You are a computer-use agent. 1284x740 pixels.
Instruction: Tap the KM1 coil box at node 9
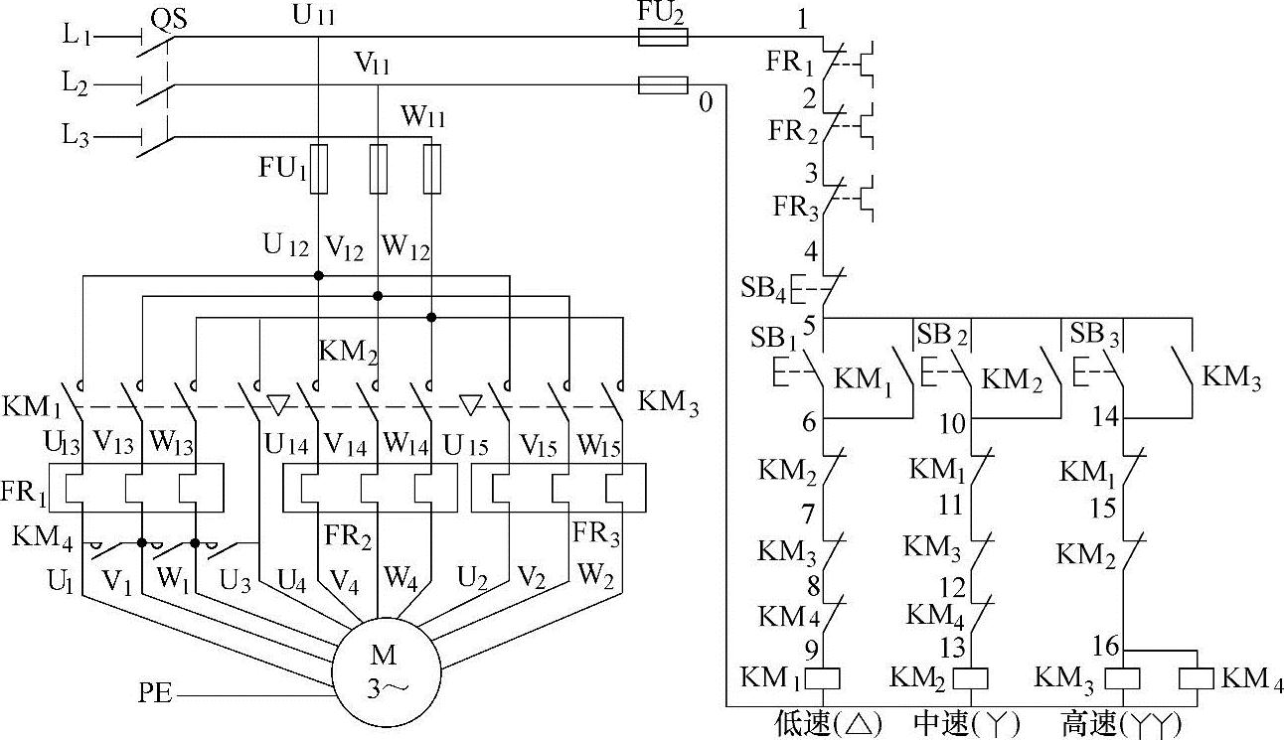(824, 678)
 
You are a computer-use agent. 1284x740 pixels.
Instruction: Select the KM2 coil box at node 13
(971, 678)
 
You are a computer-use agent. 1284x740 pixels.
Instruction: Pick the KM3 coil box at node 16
(1121, 678)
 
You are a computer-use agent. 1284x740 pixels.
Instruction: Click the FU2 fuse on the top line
(662, 38)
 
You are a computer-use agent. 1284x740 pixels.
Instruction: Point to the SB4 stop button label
(764, 289)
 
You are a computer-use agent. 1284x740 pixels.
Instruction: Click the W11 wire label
(423, 117)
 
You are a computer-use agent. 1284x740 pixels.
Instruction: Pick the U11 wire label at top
(315, 16)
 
